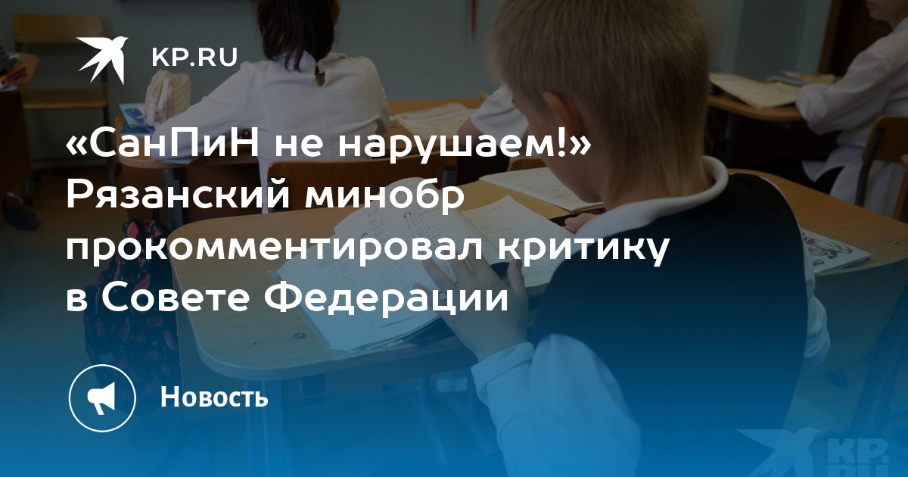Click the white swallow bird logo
click(103, 59)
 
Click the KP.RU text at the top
click(194, 58)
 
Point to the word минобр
click(384, 197)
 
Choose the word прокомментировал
click(275, 248)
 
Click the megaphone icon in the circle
click(102, 398)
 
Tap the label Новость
click(214, 396)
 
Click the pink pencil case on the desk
click(168, 96)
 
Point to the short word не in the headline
click(298, 147)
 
